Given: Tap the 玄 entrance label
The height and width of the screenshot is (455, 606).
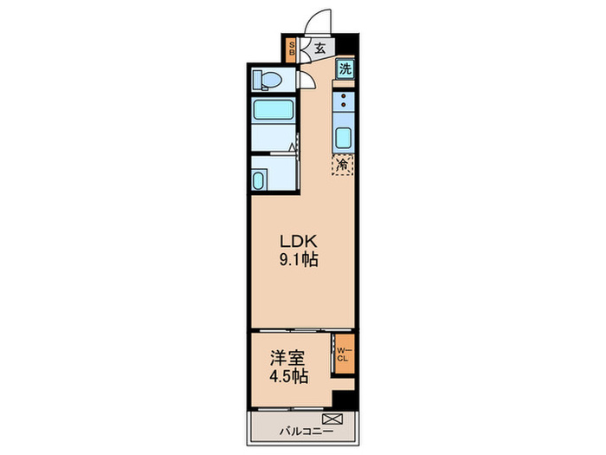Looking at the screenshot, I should (319, 49).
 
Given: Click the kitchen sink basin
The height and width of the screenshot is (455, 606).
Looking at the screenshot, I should (344, 138).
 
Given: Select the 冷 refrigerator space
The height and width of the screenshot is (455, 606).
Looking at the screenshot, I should (344, 163).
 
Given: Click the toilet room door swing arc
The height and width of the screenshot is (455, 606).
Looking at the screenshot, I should (307, 82).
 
